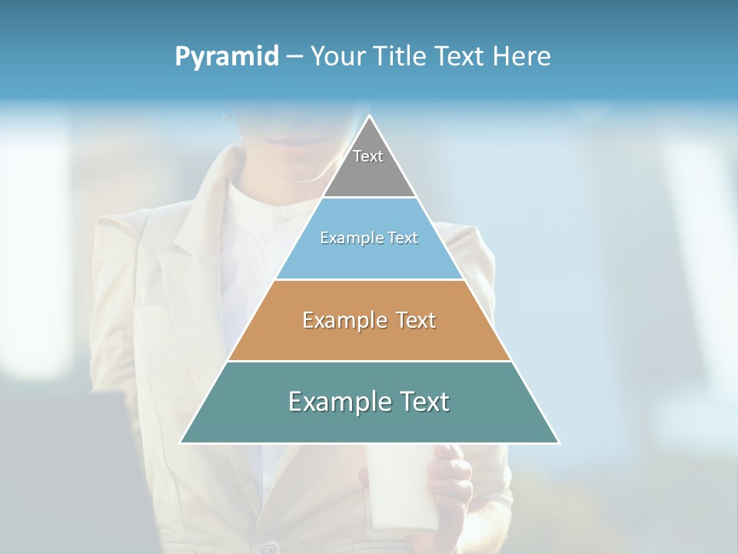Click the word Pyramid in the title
point(226,57)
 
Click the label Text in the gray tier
point(368,156)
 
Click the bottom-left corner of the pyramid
point(181,442)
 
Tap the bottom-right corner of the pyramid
point(558,442)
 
